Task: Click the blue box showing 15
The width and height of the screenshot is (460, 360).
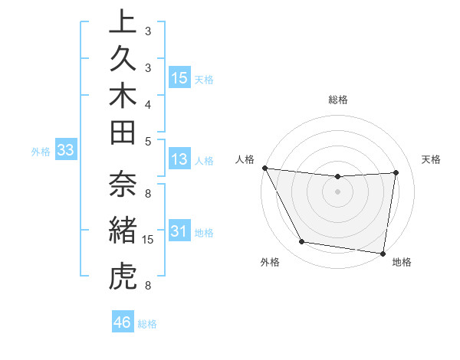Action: point(179,78)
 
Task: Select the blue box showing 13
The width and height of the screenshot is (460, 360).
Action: point(179,159)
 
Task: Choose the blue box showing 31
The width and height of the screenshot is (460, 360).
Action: point(179,231)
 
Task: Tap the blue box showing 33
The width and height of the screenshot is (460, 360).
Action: point(66,151)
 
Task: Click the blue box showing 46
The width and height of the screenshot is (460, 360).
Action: point(123,322)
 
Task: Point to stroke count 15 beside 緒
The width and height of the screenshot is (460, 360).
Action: point(149,240)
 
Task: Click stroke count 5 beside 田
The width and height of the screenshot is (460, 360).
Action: point(148,140)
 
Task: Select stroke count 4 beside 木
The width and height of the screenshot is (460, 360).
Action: point(148,103)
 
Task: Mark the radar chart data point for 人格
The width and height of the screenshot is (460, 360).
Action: point(264,167)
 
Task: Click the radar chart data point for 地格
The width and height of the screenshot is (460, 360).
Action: point(383,253)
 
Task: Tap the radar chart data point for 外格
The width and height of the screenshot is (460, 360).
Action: point(302,242)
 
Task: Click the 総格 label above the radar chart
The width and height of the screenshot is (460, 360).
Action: point(338,100)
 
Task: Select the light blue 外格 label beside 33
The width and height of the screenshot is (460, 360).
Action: point(41,152)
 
